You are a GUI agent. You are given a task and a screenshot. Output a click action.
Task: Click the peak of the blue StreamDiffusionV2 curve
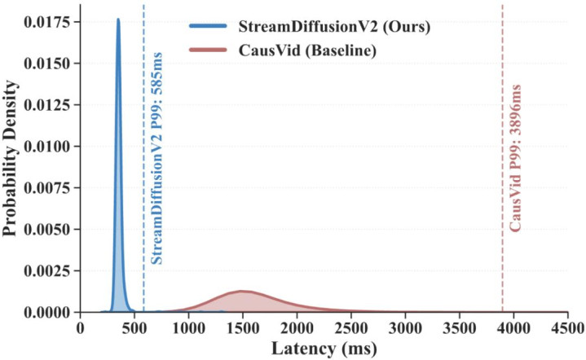point(118,20)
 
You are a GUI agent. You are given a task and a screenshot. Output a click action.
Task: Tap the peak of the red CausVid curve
point(242,291)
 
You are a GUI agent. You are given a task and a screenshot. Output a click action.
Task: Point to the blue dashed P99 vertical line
point(143,163)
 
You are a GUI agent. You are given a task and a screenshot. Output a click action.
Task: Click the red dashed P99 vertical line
point(502,163)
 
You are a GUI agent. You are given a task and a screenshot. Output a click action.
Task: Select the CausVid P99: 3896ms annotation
point(515,158)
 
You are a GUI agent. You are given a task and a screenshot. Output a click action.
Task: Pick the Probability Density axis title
point(11,158)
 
